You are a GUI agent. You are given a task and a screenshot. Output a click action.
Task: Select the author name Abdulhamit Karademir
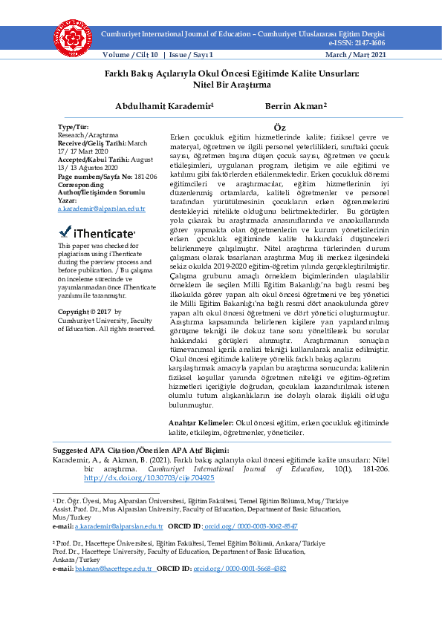pyautogui.click(x=163, y=106)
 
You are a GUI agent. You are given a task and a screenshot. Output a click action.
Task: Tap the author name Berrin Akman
pyautogui.click(x=294, y=106)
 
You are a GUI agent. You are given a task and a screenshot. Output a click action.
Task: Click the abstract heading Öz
pyautogui.click(x=279, y=128)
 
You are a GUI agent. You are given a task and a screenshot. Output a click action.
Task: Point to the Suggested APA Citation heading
pyautogui.click(x=140, y=451)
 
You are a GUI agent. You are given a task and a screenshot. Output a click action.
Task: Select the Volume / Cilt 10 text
pyautogui.click(x=131, y=55)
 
